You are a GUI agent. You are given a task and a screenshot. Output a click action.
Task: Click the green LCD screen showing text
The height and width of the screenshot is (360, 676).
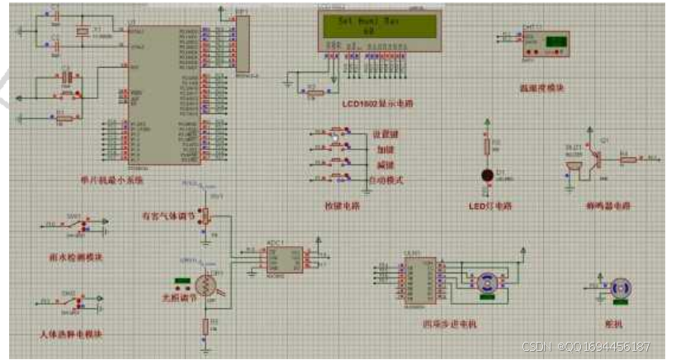tap(379, 26)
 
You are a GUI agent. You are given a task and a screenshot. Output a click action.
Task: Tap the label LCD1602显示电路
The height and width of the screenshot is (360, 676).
tap(377, 103)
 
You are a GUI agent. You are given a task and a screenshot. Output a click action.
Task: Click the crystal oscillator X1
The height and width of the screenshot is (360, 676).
tap(82, 32)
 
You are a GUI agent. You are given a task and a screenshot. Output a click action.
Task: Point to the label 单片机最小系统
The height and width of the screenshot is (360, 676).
tap(121, 178)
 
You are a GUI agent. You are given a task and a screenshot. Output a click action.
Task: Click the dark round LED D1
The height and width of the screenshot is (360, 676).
tap(487, 175)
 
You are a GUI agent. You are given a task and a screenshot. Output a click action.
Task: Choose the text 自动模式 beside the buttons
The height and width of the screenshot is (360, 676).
tap(385, 179)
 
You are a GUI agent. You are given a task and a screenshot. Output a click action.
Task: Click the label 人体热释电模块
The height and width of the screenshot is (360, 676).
tap(71, 335)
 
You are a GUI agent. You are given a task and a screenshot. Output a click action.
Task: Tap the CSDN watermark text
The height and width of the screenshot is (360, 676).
tap(586, 347)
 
